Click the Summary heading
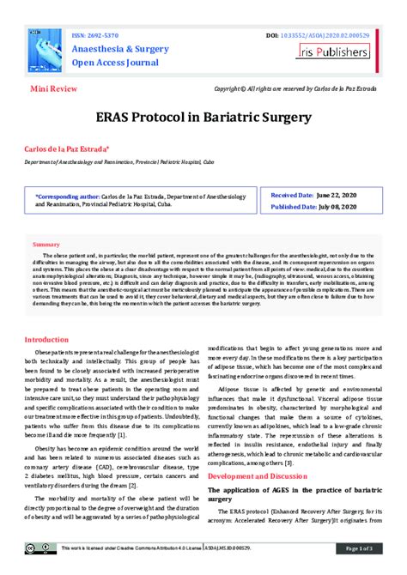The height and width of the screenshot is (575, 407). pos(46,245)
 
